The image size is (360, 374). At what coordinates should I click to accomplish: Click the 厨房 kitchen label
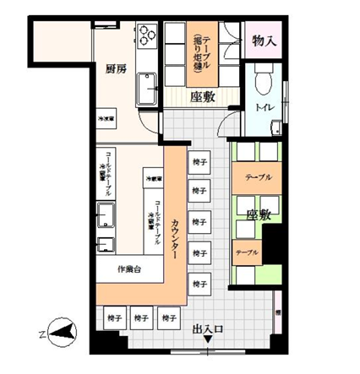117,69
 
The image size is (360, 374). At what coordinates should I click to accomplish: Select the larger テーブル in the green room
258,177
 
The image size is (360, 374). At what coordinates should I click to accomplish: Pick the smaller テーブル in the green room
247,252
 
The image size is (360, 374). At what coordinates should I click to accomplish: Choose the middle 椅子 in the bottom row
143,318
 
